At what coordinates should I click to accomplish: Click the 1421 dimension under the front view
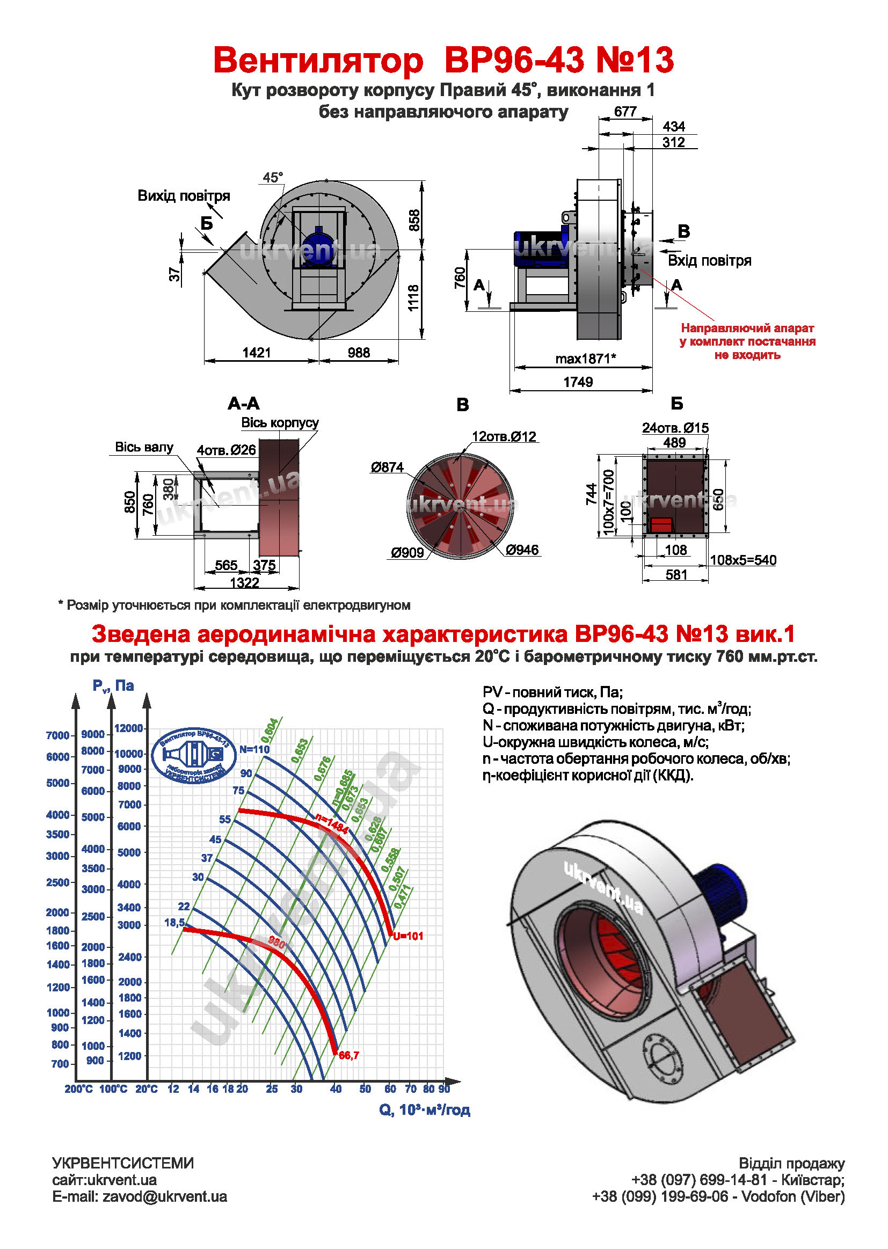click(x=257, y=353)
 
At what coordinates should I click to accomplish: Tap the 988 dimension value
click(x=359, y=353)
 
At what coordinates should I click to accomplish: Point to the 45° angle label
click(x=273, y=178)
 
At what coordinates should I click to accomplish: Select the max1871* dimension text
click(x=586, y=359)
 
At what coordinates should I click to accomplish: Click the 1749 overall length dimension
click(x=578, y=382)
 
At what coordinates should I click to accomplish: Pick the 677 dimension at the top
click(x=625, y=112)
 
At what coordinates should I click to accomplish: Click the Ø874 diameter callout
click(x=387, y=468)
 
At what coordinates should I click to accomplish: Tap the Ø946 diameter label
click(x=522, y=550)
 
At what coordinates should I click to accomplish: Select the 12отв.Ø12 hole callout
click(x=504, y=437)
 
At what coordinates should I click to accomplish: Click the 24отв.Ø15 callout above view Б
click(x=675, y=428)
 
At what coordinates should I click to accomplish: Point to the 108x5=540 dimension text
click(x=743, y=560)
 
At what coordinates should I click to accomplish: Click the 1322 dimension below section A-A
click(x=244, y=583)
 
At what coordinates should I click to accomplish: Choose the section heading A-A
click(x=243, y=404)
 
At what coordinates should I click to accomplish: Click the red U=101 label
click(x=409, y=936)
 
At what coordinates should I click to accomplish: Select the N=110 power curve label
click(x=255, y=749)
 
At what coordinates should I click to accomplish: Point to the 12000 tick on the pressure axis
click(x=129, y=728)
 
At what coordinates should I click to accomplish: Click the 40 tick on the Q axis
click(x=336, y=1089)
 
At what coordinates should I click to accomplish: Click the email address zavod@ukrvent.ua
click(x=165, y=1196)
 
